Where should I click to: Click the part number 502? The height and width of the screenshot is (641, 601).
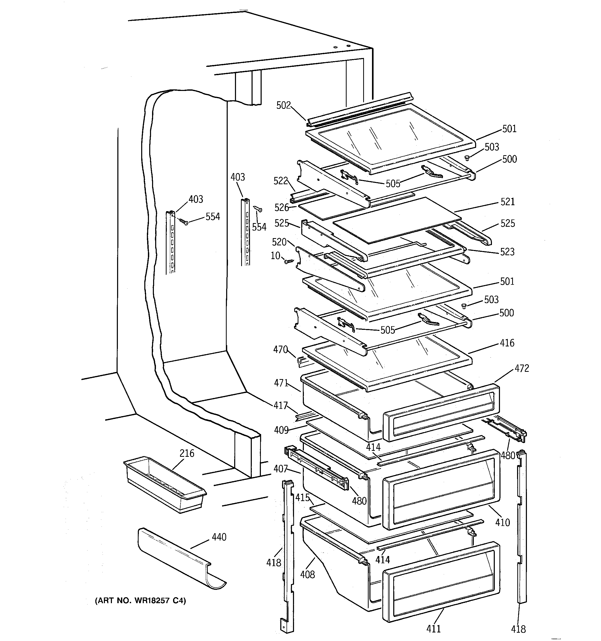(283, 105)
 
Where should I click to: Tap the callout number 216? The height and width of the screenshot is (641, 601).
(187, 453)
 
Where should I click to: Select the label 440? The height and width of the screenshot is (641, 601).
(219, 537)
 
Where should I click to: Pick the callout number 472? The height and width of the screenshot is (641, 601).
(522, 368)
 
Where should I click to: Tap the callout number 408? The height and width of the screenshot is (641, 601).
(307, 574)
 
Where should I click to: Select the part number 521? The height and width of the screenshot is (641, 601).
(507, 202)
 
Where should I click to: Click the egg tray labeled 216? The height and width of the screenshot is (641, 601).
(164, 484)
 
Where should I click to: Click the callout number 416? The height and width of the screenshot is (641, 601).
(507, 343)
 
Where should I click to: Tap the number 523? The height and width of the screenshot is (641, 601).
(507, 252)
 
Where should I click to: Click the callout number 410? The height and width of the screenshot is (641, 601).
(503, 522)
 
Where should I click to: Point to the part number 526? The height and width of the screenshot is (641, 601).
(282, 207)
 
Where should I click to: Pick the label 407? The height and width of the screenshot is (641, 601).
(280, 468)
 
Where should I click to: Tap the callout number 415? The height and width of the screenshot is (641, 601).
(302, 497)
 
